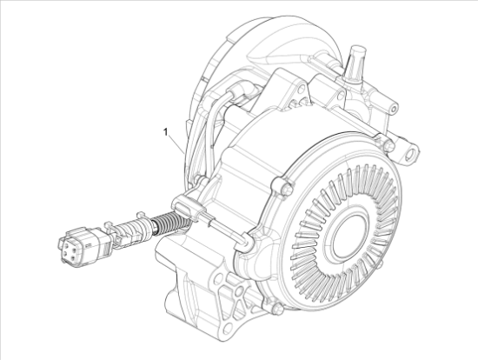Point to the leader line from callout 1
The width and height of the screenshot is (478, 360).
(176, 143)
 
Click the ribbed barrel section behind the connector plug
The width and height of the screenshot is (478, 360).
(127, 233)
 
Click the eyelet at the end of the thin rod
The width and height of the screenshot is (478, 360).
(246, 247)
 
